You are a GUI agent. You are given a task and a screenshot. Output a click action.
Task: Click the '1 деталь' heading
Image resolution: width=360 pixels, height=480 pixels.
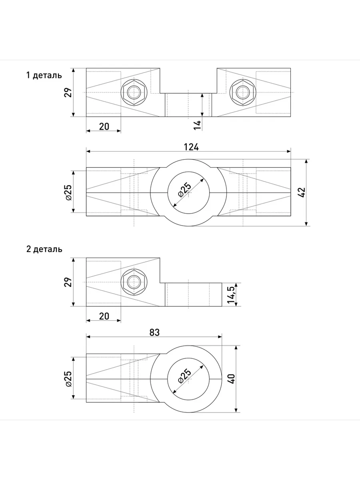[x=44, y=75]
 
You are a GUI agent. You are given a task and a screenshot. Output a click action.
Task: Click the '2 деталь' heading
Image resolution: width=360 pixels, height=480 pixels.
[x=44, y=249]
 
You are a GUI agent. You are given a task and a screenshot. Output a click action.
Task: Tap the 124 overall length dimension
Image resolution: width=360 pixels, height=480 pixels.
[x=191, y=147]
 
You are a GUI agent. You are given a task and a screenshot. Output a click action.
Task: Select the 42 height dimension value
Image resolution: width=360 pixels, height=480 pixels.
[x=303, y=192]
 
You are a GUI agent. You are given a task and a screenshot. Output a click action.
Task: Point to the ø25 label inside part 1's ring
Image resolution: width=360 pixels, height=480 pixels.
[x=185, y=187]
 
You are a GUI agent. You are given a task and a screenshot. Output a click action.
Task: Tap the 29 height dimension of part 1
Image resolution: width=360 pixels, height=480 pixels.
[x=68, y=92]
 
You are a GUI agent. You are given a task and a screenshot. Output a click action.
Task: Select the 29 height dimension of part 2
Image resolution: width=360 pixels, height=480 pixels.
[x=68, y=282]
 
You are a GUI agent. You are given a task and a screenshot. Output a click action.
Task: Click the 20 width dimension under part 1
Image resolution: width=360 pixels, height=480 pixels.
[x=104, y=126]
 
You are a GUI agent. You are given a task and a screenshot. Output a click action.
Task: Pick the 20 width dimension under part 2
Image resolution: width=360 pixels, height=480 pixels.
[x=104, y=316]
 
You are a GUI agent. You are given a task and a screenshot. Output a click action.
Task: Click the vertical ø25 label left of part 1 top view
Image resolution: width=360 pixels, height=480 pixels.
[x=68, y=192]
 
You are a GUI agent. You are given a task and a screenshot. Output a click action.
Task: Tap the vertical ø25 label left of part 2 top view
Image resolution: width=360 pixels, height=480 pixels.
[x=68, y=378]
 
